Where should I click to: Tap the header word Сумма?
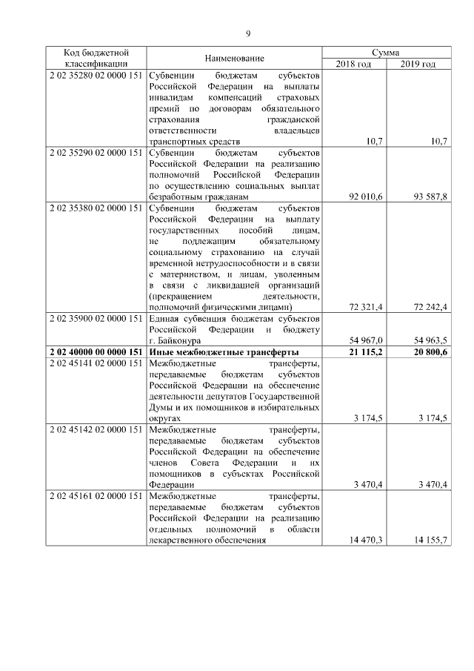point(387,53)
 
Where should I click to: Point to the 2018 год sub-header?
point(353,64)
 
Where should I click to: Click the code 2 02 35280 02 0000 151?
point(96,76)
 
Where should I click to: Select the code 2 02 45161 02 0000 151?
point(96,495)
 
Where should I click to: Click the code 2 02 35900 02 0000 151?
point(96,317)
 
